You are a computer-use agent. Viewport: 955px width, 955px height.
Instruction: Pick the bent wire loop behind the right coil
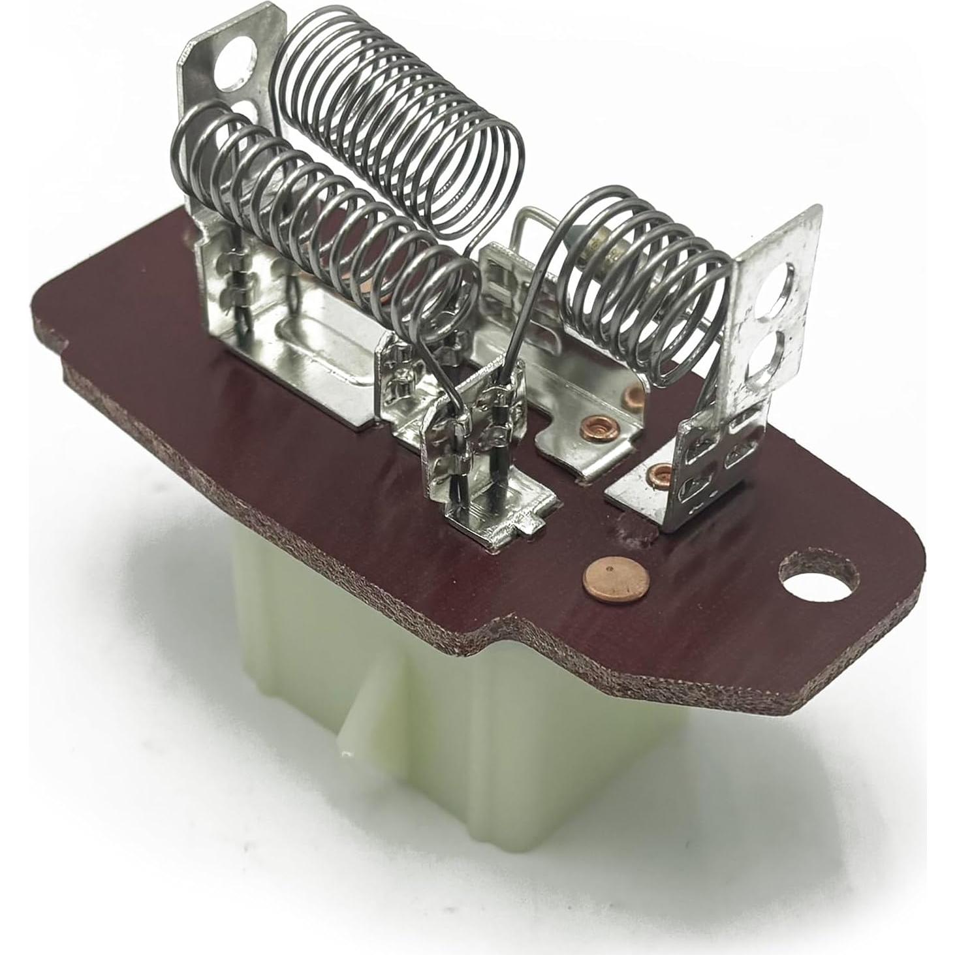click(x=530, y=228)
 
